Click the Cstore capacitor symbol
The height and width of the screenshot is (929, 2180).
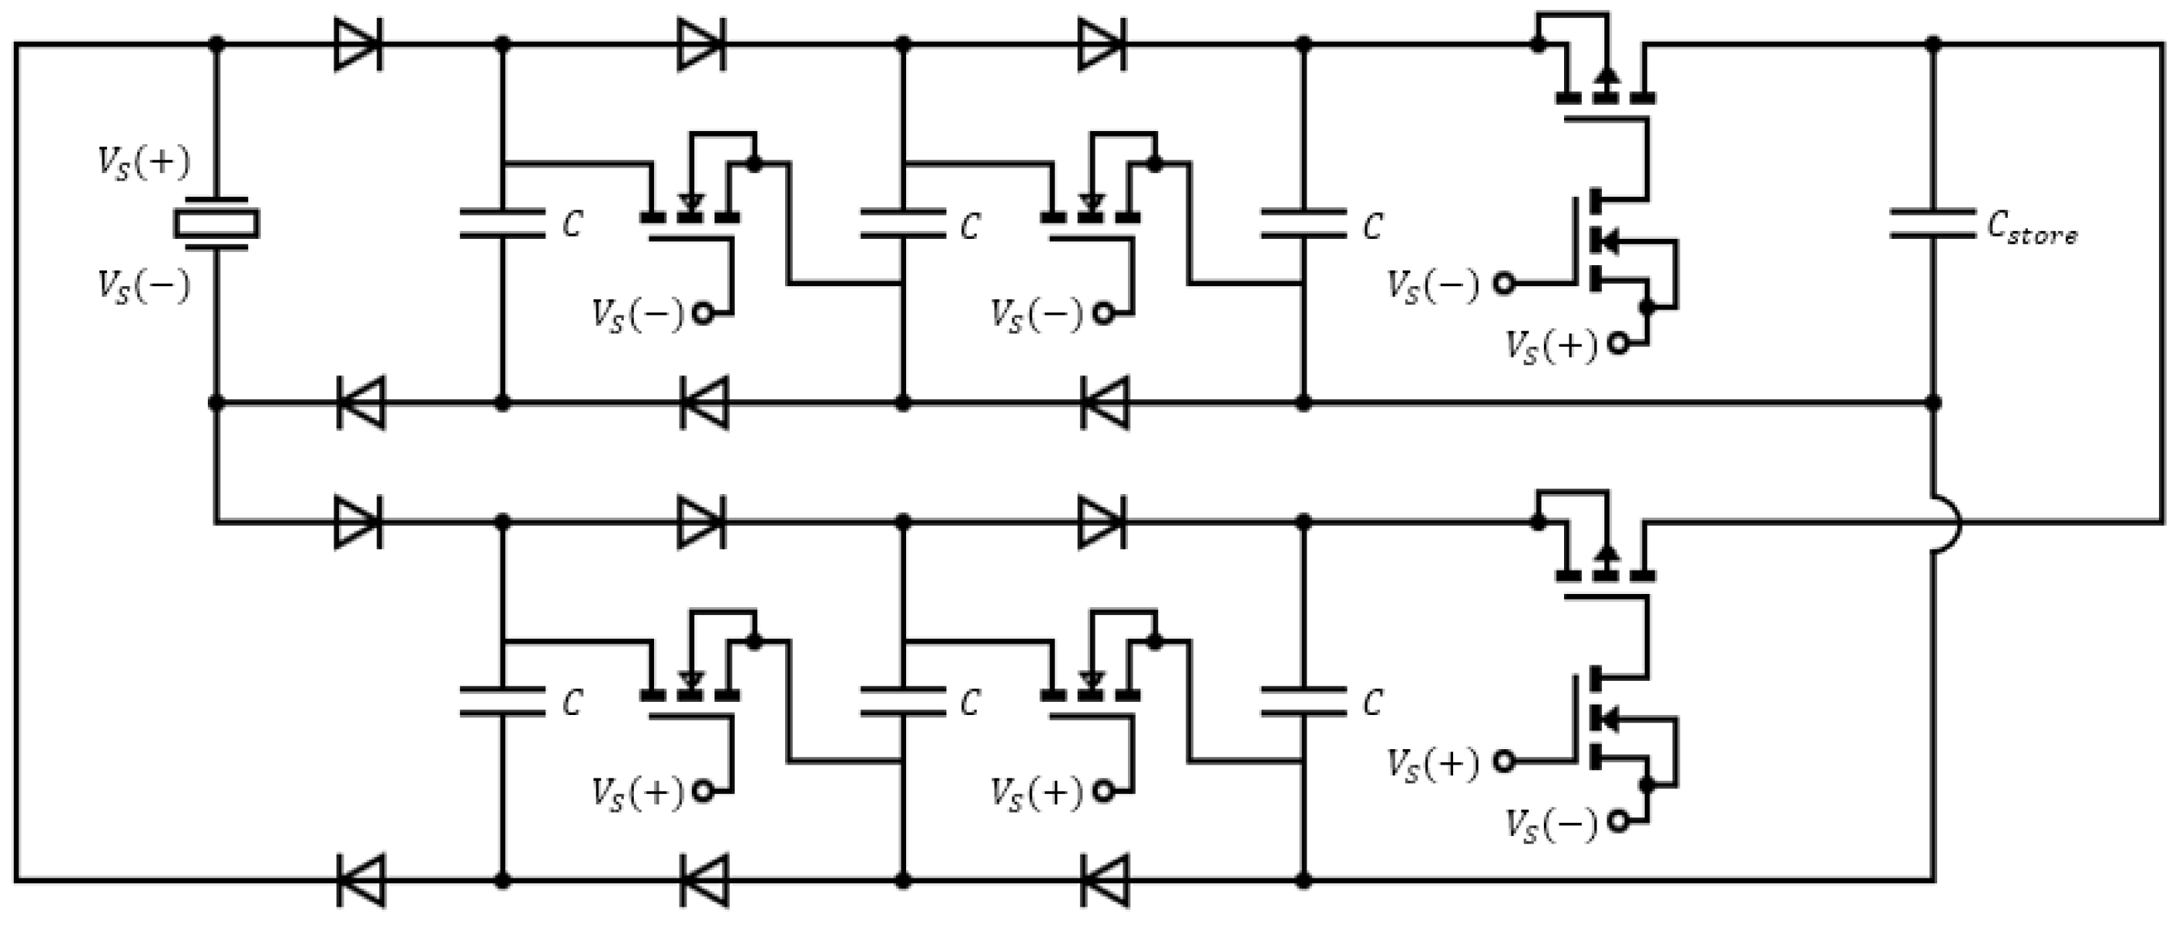[1932, 223]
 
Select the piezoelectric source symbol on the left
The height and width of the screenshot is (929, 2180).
[216, 224]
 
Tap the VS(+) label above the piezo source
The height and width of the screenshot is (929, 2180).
[144, 162]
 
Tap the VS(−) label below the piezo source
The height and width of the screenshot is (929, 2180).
[144, 285]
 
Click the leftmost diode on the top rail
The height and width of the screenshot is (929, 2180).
[358, 44]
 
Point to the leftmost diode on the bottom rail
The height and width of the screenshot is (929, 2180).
[361, 881]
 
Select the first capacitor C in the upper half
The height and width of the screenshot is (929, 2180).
[502, 223]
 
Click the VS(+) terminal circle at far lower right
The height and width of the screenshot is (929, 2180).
[1503, 762]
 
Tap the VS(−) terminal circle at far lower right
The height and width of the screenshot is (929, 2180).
[1618, 820]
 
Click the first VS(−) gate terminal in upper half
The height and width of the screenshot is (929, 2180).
[702, 314]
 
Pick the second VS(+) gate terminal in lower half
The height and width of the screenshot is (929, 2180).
[1102, 791]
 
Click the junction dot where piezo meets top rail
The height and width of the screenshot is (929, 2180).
[216, 43]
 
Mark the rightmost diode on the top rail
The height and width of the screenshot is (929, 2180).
[1102, 44]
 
